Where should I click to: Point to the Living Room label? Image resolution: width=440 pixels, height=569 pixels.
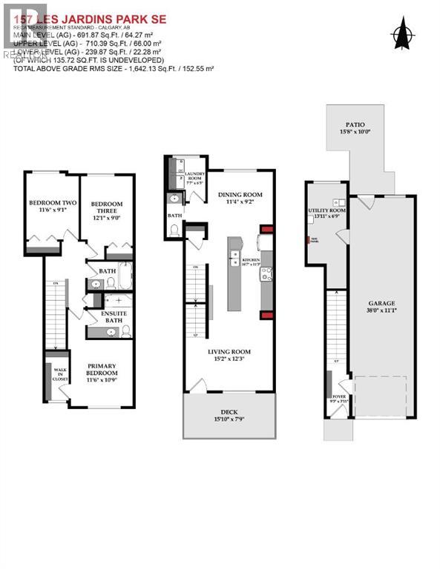click(x=229, y=352)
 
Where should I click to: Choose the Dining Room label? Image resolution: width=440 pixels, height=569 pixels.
click(x=240, y=195)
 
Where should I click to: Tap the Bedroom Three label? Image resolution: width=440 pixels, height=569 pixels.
click(x=107, y=204)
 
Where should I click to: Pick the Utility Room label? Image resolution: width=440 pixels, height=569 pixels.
click(x=327, y=211)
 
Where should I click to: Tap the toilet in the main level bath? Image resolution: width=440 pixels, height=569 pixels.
click(x=175, y=230)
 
